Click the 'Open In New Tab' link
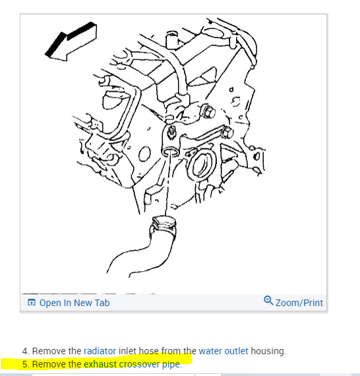coord(74,303)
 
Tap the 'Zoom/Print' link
coord(299,303)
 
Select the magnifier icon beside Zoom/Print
coord(268,301)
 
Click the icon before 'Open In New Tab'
coord(31,303)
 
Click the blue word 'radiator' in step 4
coord(100,351)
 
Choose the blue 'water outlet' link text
coord(224,351)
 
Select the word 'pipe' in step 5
coord(171,363)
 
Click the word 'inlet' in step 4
coord(129,351)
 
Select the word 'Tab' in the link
coord(102,303)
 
